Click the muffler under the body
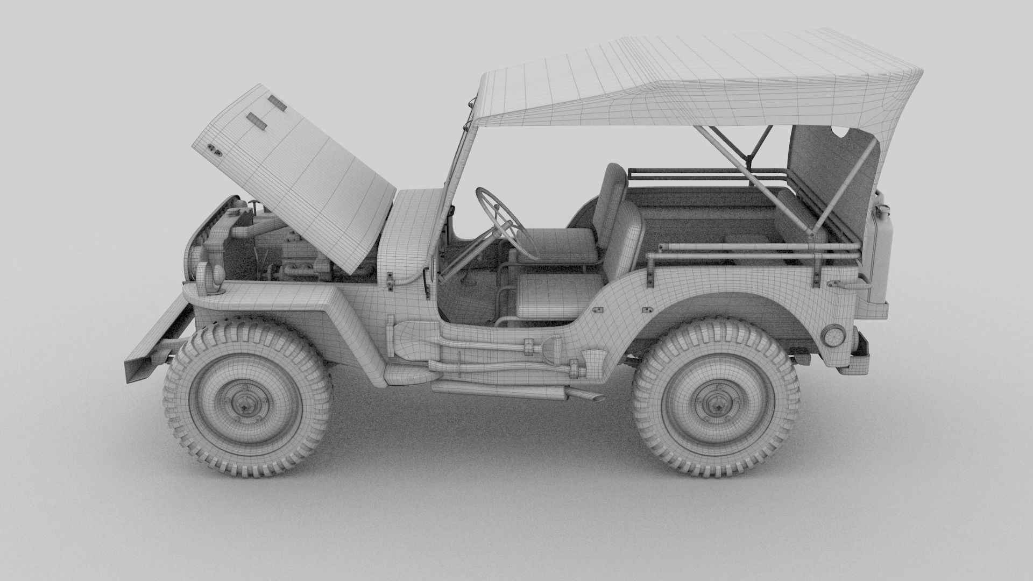tap(500, 389)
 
